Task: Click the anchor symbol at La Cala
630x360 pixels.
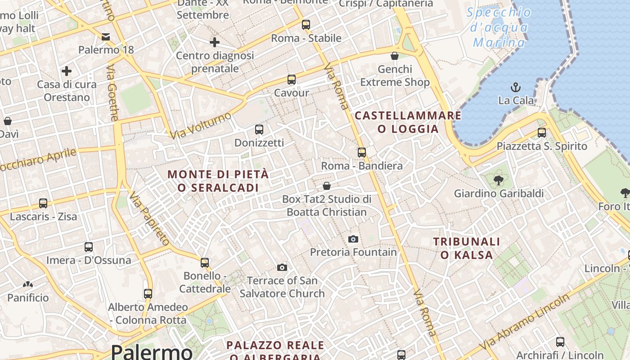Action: [x=516, y=87]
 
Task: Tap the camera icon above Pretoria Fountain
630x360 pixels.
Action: [x=353, y=239]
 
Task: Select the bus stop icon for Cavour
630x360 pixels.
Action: [x=292, y=80]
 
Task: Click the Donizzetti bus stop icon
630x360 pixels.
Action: [x=259, y=130]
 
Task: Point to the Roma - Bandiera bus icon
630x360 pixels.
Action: [x=362, y=153]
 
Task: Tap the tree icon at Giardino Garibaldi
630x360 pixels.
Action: [x=498, y=180]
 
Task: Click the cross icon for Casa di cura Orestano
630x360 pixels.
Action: [x=67, y=71]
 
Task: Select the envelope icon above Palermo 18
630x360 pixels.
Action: [x=106, y=36]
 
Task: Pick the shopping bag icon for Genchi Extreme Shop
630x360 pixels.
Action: [x=395, y=56]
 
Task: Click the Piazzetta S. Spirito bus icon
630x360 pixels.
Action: [x=542, y=133]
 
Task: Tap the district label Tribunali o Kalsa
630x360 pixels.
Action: [x=467, y=248]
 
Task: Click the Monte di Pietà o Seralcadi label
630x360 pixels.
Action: [x=218, y=181]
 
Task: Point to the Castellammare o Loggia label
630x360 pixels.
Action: [x=408, y=122]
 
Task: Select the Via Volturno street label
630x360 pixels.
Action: [x=200, y=125]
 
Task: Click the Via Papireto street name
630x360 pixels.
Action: [x=149, y=218]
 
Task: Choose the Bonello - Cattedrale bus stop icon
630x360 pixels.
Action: [x=205, y=262]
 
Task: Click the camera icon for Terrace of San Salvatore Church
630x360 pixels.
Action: [x=282, y=268]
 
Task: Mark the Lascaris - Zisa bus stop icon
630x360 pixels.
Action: [x=43, y=203]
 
